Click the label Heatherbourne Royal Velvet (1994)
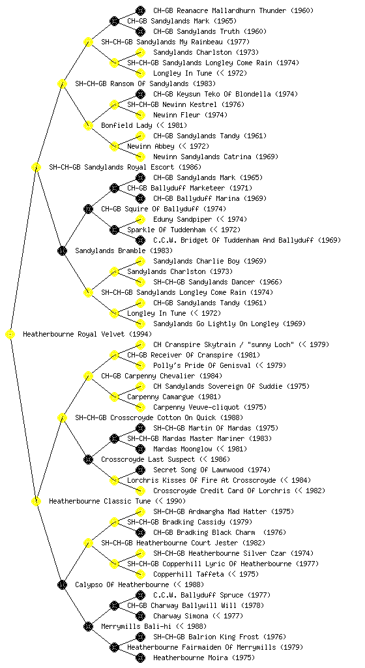click(87, 334)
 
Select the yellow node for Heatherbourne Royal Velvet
click(10, 335)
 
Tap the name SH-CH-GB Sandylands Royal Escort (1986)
click(125, 167)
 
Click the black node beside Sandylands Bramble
click(62, 250)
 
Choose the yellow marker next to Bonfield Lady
click(88, 125)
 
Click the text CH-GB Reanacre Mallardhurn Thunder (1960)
click(233, 10)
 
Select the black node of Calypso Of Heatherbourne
click(62, 584)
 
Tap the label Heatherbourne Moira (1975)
click(204, 658)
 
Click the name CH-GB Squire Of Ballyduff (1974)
click(164, 209)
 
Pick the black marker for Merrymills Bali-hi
click(88, 626)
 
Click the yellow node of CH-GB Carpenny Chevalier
click(88, 376)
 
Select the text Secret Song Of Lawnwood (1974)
click(211, 470)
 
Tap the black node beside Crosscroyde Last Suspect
click(88, 459)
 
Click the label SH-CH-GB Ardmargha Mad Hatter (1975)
click(224, 511)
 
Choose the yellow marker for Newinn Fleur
click(140, 115)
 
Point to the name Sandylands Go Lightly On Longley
click(216, 324)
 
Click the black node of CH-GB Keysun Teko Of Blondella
click(140, 94)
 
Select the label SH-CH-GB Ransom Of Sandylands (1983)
click(145, 83)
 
